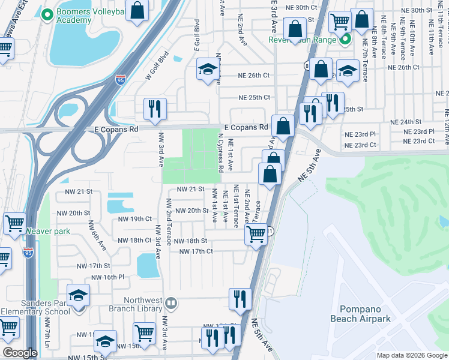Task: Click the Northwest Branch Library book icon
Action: (172, 303)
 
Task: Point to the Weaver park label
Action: (48, 231)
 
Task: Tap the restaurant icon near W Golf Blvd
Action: (154, 109)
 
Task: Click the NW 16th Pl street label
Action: (104, 277)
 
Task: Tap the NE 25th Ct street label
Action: (255, 97)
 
